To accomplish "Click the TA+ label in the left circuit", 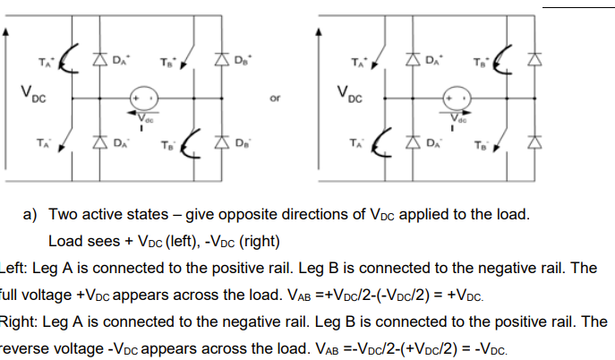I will coord(42,61).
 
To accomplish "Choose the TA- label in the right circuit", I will coord(357,142).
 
